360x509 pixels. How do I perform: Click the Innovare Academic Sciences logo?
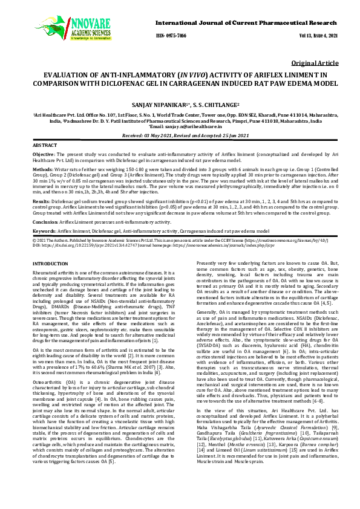pyautogui.click(x=56, y=24)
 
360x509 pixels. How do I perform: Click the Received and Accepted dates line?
pyautogui.click(x=180, y=136)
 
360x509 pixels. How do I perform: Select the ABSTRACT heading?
pyautogui.click(x=44, y=146)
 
